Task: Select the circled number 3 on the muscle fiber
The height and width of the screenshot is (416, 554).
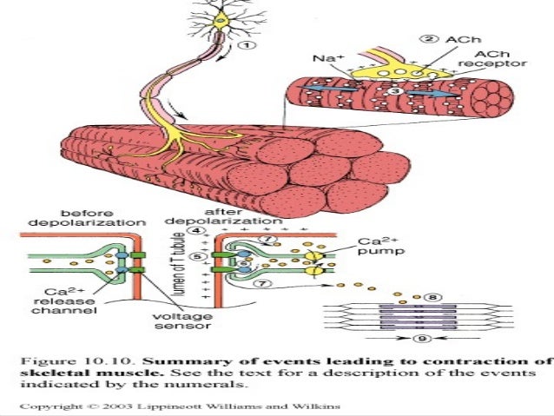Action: (x=394, y=91)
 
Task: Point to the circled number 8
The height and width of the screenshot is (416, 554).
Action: (x=433, y=296)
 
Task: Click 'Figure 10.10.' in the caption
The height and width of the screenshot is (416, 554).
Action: (x=64, y=361)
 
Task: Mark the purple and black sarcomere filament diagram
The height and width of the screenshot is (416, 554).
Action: (x=407, y=317)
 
